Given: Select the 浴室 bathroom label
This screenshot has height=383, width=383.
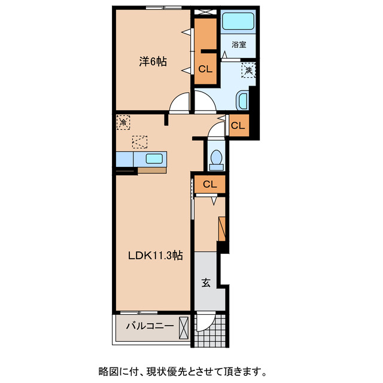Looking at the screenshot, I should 239,44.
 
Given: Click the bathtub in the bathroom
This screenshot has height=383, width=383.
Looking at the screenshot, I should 239,23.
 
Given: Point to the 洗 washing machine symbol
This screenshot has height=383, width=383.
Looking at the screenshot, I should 248,70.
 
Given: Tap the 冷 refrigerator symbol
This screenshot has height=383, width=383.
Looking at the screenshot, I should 123,122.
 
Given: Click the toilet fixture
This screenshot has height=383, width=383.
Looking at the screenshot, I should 215,157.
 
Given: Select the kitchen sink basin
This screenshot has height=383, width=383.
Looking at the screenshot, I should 154,159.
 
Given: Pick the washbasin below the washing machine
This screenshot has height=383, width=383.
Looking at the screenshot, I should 242,100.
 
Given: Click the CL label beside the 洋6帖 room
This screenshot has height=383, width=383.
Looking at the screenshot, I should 205,69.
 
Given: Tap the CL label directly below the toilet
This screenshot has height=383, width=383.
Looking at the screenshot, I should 209,184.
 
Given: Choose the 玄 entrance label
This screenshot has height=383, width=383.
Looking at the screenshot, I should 205,283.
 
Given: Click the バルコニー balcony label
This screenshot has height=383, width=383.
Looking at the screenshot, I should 150,327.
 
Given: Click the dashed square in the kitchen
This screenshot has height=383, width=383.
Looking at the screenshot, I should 139,142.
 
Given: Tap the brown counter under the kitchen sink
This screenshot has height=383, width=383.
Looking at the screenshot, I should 152,170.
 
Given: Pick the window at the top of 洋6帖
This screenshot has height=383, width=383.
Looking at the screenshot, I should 163,7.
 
